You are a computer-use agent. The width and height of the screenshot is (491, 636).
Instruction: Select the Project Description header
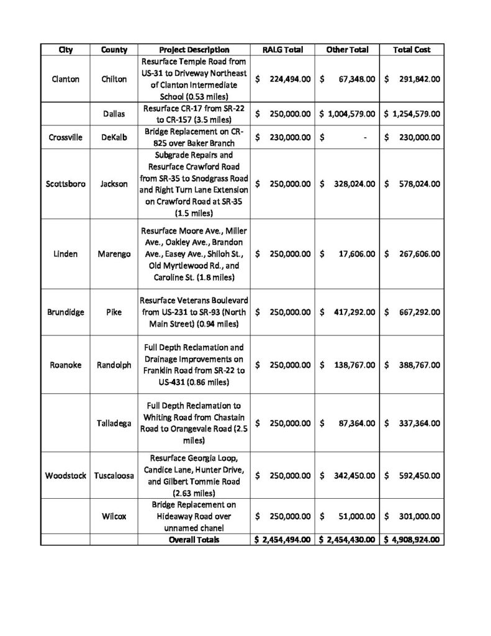tap(194, 50)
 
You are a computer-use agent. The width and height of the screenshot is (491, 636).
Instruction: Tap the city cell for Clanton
tap(65, 79)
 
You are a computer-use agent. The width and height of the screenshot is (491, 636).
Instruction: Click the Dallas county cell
tap(114, 114)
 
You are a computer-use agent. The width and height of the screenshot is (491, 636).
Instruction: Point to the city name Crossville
tap(65, 138)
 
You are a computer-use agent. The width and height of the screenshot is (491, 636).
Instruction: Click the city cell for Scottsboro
tap(65, 184)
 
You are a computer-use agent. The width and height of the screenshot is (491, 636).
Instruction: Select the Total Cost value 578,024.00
tap(419, 184)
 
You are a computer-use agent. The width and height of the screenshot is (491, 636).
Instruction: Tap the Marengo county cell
tap(114, 254)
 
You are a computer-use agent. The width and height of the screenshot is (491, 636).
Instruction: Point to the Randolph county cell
tap(114, 365)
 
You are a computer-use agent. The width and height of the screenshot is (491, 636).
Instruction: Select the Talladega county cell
tap(114, 423)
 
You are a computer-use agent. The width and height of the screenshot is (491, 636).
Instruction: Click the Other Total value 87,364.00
tap(354, 423)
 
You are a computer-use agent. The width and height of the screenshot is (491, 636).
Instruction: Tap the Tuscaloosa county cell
tap(114, 476)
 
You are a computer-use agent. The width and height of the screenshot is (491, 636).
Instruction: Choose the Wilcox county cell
tap(114, 516)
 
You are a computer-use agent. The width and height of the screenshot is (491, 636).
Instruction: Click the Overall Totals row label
tap(194, 540)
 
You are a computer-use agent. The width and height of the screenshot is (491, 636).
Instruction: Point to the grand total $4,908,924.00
tap(412, 540)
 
